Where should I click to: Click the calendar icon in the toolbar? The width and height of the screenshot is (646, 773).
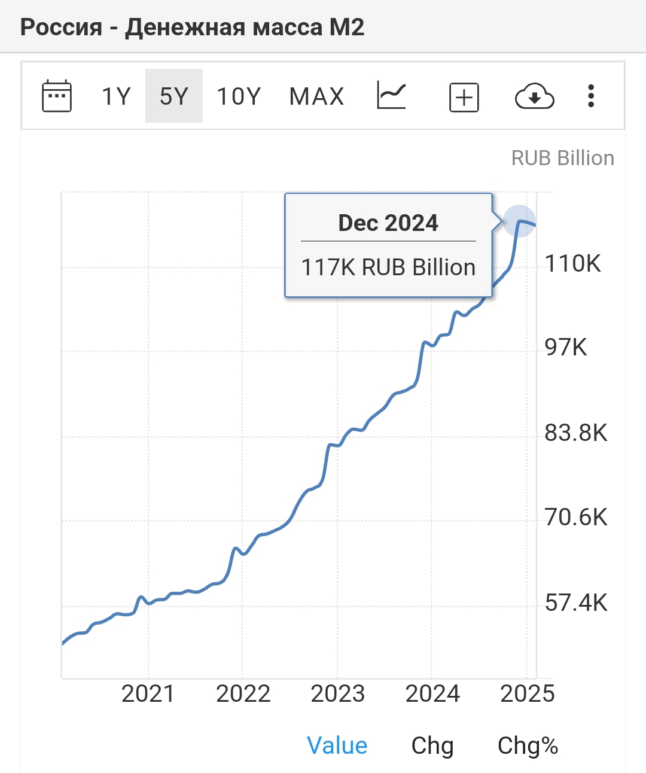coord(57,96)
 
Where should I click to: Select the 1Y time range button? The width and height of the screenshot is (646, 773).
coord(116,96)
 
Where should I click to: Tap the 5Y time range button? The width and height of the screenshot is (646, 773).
coord(174,96)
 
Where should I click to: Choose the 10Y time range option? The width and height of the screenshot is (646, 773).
coord(239,96)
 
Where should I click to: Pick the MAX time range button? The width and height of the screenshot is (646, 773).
coord(316,96)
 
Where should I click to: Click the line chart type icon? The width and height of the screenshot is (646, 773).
coord(392,96)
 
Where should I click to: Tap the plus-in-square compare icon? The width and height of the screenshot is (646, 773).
coord(464,97)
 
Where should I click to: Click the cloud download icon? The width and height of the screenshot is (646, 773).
coord(534,96)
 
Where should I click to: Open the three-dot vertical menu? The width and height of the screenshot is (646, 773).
coord(591,96)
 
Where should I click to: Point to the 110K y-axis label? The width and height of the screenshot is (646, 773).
coord(572,263)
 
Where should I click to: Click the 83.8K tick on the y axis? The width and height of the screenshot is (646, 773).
coord(575,433)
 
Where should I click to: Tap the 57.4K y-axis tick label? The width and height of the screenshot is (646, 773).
coord(575,602)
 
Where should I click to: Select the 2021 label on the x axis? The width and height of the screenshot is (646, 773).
coord(148,694)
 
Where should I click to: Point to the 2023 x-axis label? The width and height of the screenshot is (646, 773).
coord(337,694)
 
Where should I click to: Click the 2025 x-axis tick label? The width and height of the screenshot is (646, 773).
coord(527,694)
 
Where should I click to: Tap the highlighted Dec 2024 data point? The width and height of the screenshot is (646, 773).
coord(519,221)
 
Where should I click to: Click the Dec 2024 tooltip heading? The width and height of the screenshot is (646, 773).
coord(388,223)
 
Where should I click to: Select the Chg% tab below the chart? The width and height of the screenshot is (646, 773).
coord(528,746)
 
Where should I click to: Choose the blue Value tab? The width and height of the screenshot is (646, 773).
coord(337,746)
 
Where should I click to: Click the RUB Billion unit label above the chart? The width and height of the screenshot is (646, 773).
coord(562,158)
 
